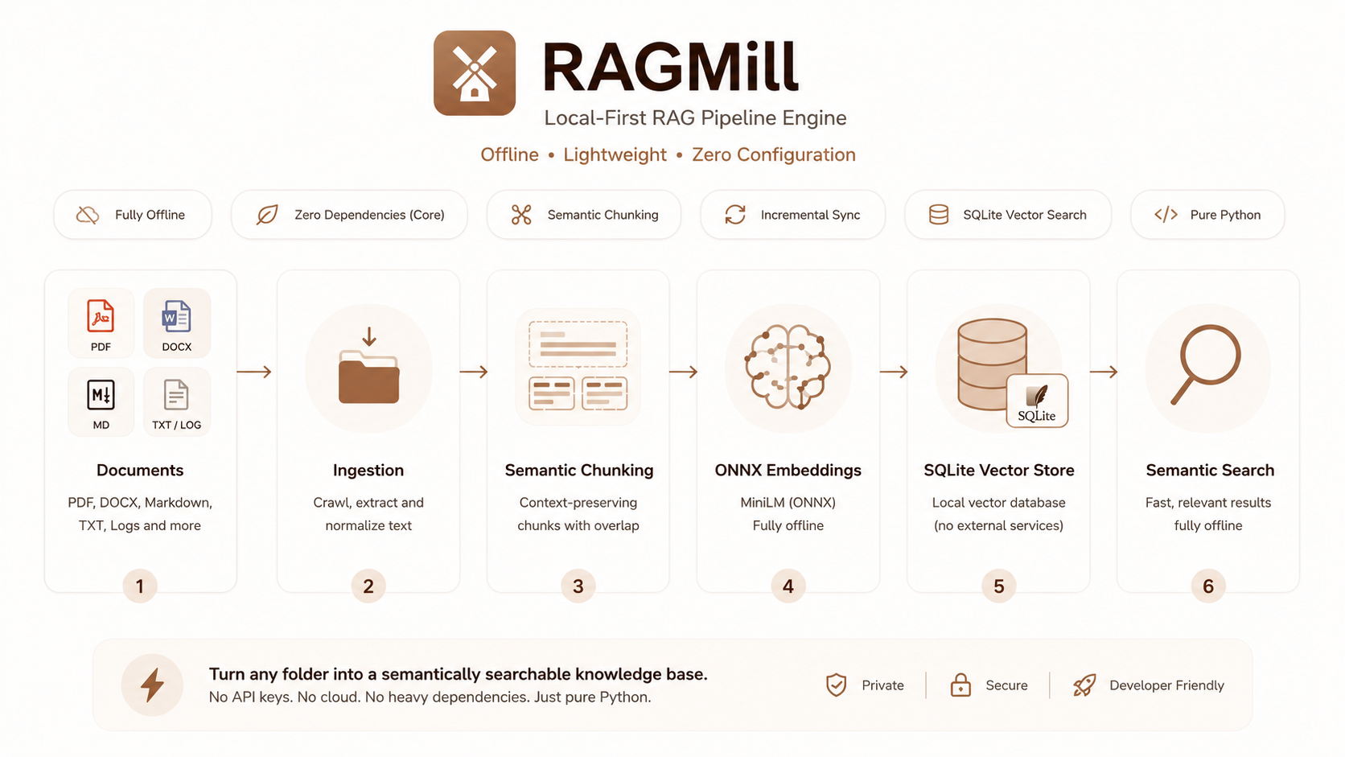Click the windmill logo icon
click(475, 72)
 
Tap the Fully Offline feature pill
click(133, 215)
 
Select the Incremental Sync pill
click(792, 215)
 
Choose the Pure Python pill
click(1207, 215)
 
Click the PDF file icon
click(101, 316)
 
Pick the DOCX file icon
click(176, 316)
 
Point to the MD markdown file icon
click(101, 394)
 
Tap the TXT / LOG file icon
click(176, 394)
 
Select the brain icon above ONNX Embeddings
click(788, 367)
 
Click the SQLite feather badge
click(1037, 401)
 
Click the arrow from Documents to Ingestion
click(254, 372)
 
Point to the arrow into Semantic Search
click(1104, 372)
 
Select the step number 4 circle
click(788, 586)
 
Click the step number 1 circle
click(140, 586)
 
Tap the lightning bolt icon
click(152, 685)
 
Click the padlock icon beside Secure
click(960, 685)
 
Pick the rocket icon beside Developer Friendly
click(1084, 685)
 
